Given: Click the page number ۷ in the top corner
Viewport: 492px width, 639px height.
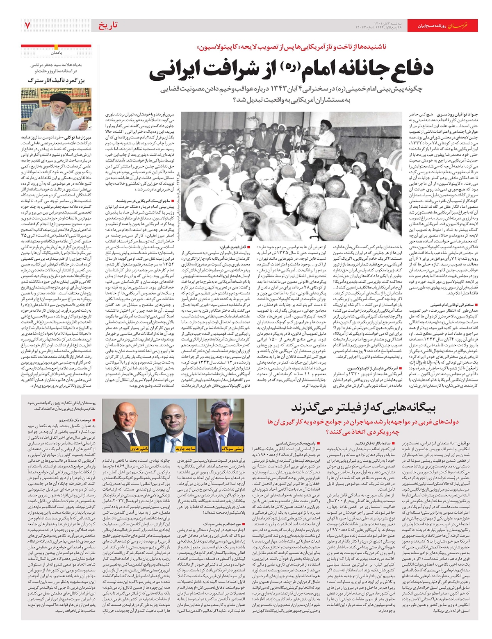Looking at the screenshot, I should pos(27,25).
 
